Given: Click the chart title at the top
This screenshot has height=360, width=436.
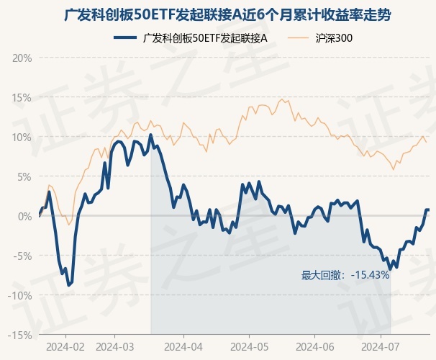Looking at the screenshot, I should [x=218, y=14].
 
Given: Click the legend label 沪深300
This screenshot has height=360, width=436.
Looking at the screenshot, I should [x=335, y=37].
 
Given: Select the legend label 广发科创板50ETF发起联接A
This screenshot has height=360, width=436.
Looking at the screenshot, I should [x=205, y=37].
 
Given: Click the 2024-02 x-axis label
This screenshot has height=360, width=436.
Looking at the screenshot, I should [x=65, y=346].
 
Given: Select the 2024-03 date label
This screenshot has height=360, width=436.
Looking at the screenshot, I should [x=115, y=346].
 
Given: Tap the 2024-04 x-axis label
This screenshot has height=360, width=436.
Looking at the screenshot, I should [x=183, y=346].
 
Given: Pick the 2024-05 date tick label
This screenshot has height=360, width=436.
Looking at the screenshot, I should [x=249, y=346].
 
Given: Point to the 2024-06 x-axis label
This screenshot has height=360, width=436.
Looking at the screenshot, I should [x=316, y=346].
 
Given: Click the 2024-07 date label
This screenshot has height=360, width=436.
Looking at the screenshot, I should [x=381, y=346].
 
